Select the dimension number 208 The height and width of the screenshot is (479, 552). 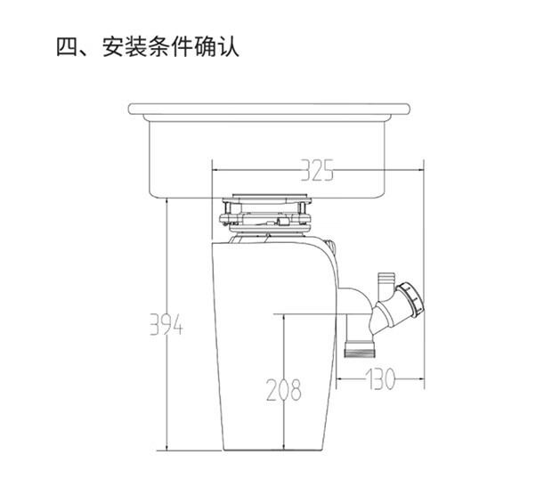(x=282, y=389)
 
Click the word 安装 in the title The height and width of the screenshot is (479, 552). (x=124, y=45)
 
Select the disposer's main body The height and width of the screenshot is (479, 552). (x=267, y=356)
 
